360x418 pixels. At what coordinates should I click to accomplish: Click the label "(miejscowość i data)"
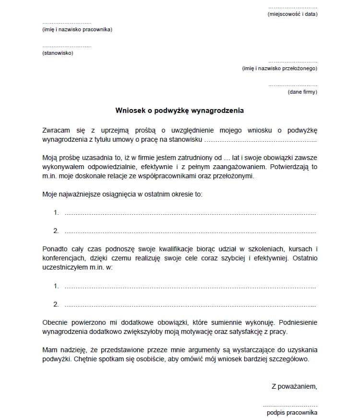[292, 14]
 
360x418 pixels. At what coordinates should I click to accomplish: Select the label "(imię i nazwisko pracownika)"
[77, 30]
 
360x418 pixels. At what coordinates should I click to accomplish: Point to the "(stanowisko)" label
[58, 53]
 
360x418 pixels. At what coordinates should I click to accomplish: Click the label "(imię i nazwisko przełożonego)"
[279, 69]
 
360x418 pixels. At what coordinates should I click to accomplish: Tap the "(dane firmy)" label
[302, 92]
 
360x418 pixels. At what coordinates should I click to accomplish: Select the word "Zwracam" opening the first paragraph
[56, 130]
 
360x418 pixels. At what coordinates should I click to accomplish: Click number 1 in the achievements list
[56, 213]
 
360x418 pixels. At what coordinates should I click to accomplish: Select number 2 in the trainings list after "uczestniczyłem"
[56, 305]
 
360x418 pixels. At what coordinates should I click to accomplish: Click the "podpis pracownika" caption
[292, 413]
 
